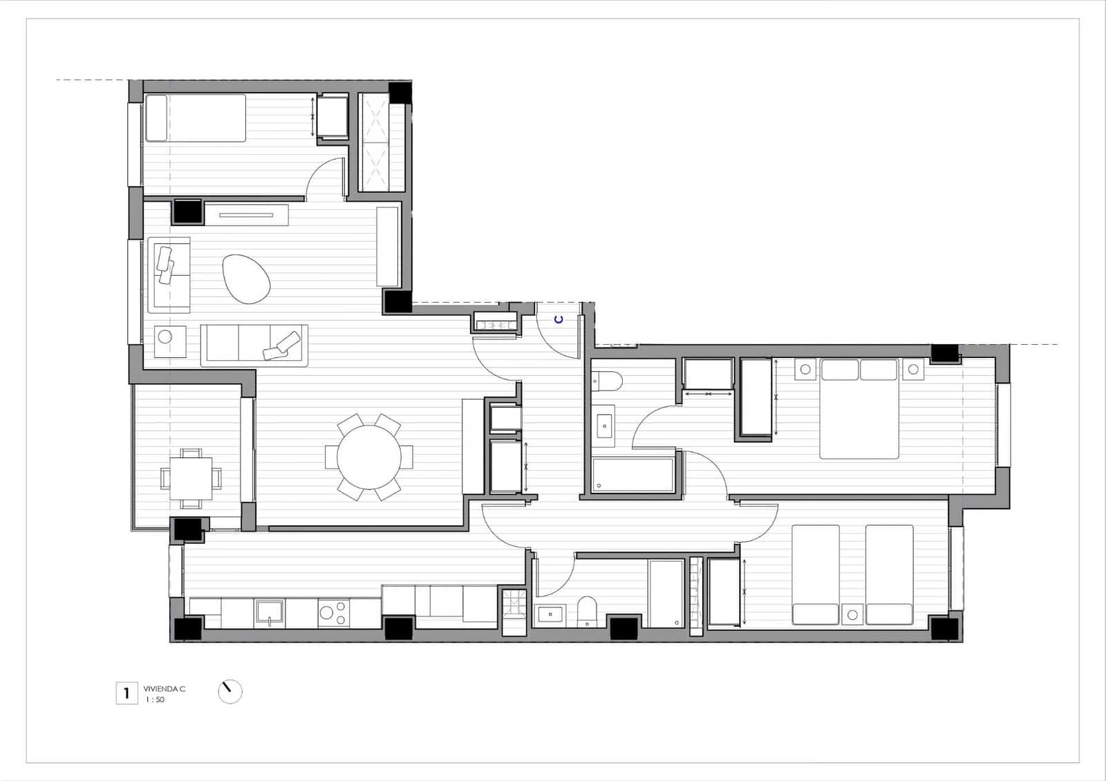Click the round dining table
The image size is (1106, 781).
click(369, 456)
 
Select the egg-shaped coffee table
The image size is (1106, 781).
click(246, 279)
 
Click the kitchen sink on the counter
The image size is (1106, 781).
click(269, 612)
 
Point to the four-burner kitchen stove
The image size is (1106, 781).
click(333, 612)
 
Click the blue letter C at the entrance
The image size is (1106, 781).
click(559, 319)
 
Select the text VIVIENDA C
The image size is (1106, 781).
click(164, 689)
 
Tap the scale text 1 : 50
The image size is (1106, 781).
click(155, 700)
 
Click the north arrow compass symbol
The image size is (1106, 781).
click(229, 691)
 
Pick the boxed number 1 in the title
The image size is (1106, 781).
click(126, 693)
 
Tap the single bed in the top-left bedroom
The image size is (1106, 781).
click(196, 117)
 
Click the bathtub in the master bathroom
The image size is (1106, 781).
click(633, 475)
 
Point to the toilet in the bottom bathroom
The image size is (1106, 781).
click(587, 610)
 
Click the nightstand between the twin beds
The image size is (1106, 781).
click(852, 614)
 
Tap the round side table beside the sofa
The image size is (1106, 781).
click(166, 337)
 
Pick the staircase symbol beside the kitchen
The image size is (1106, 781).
click(514, 612)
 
